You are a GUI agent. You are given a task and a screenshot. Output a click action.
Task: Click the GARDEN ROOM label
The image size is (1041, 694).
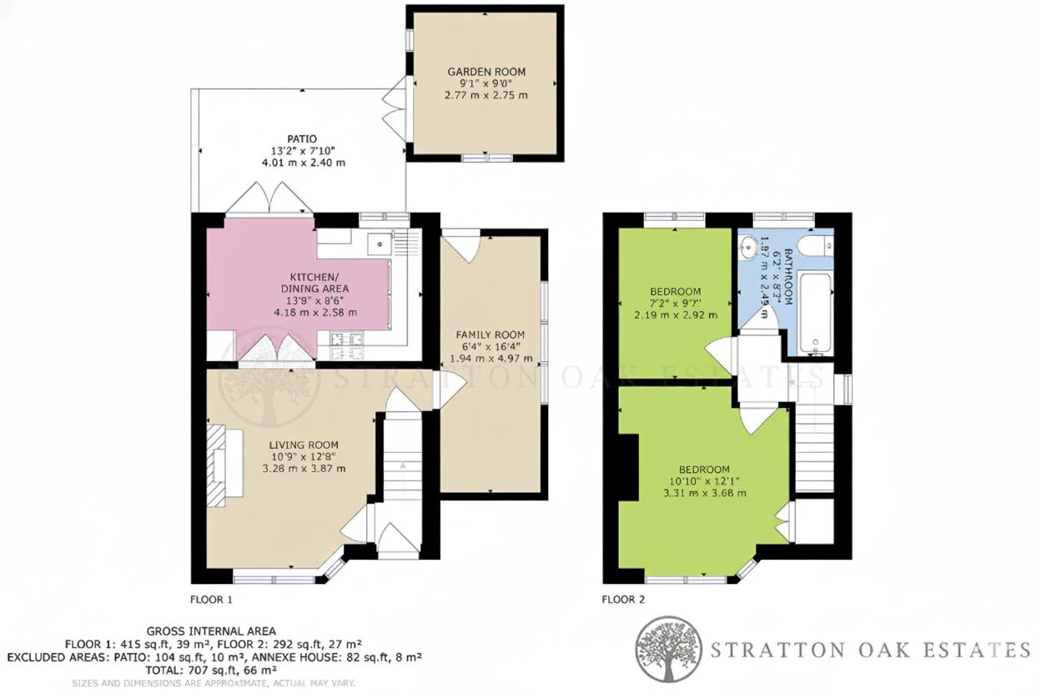pos(485,73)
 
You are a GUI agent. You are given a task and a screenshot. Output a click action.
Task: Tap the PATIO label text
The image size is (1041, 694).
pos(302,139)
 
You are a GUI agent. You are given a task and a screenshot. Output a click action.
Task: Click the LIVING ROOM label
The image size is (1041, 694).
pos(303,445)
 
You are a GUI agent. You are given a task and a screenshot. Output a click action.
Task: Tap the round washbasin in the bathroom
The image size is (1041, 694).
pos(748,246)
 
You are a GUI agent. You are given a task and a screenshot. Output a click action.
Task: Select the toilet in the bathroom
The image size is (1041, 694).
pos(812,245)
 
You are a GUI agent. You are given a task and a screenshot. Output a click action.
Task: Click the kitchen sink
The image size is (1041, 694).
pos(380,244)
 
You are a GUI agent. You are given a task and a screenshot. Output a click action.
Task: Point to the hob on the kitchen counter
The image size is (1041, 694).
pos(344,339)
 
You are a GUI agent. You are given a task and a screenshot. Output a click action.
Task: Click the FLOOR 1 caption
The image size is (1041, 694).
pos(212,599)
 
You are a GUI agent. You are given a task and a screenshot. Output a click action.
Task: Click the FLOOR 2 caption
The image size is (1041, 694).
pos(623,599)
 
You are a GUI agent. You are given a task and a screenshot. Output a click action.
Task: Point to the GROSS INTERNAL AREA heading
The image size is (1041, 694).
pos(211,631)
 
